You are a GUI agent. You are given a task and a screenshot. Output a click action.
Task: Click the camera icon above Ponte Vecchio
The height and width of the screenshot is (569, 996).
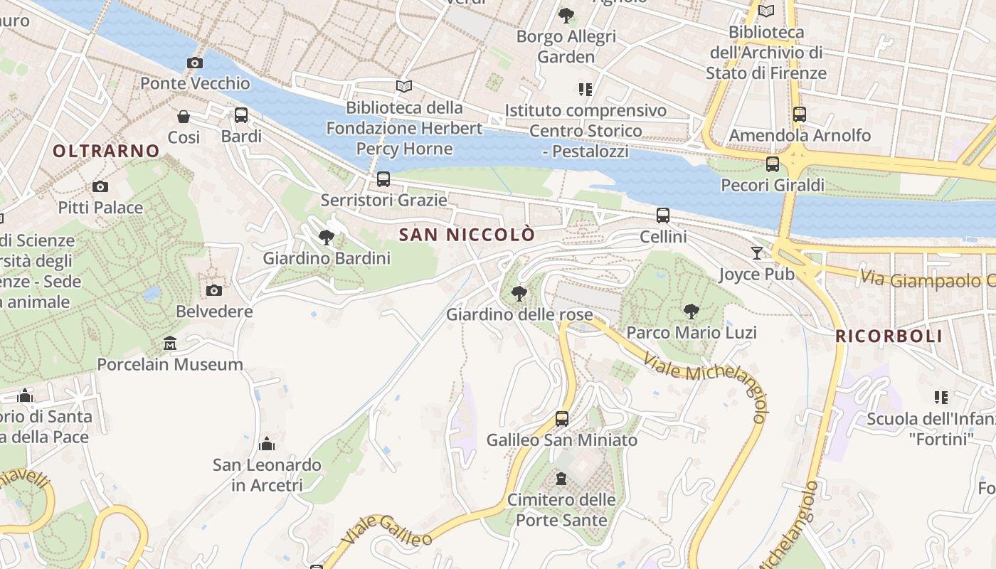[x=194, y=63]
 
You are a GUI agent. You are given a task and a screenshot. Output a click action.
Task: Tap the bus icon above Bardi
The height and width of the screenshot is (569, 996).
[x=241, y=115]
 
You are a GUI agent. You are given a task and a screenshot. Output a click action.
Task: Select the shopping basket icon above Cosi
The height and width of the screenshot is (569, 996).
[x=184, y=116]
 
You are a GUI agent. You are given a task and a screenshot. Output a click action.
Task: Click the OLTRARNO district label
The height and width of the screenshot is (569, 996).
[x=106, y=151]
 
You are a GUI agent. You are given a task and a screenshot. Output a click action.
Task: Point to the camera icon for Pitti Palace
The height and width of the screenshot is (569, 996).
[x=100, y=186]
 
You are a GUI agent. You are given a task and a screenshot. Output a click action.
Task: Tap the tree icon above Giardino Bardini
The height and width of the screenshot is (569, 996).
[x=327, y=237]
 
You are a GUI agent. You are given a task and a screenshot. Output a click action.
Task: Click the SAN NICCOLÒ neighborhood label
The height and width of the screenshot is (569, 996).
[x=466, y=235]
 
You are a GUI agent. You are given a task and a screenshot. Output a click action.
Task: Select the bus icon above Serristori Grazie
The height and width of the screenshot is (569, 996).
[x=383, y=179]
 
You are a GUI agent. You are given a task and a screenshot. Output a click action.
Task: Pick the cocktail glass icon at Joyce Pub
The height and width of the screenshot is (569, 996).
[x=756, y=252]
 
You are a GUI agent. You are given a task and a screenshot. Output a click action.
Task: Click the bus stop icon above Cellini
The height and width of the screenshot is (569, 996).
[x=663, y=215]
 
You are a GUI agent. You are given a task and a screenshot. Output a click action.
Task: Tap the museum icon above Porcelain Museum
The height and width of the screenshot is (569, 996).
[x=169, y=344]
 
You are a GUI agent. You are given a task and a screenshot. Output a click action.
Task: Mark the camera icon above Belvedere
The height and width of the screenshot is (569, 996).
[x=213, y=290]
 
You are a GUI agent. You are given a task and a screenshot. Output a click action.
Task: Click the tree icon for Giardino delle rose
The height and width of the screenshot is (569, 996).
[x=519, y=293]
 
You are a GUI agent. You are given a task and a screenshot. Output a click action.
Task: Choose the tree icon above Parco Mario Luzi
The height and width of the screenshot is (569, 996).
[x=691, y=311]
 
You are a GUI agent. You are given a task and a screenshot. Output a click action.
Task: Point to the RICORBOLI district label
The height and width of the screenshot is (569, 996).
[x=889, y=336]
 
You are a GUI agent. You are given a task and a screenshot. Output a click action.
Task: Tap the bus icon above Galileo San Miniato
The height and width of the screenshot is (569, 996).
[x=562, y=418]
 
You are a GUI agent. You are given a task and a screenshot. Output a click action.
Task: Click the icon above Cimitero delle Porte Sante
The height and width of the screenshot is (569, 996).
[x=561, y=478]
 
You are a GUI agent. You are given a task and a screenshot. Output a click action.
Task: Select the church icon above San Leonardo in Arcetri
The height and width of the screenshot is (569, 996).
[x=267, y=444]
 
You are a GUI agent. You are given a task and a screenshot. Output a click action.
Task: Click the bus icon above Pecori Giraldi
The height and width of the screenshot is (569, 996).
[x=773, y=164]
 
